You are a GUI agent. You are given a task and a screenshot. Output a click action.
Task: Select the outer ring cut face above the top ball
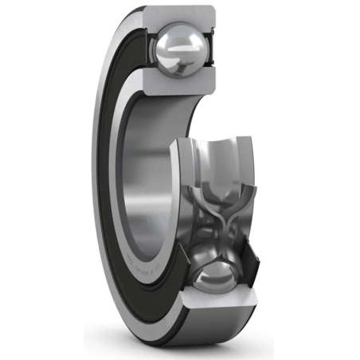pos(181,14)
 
